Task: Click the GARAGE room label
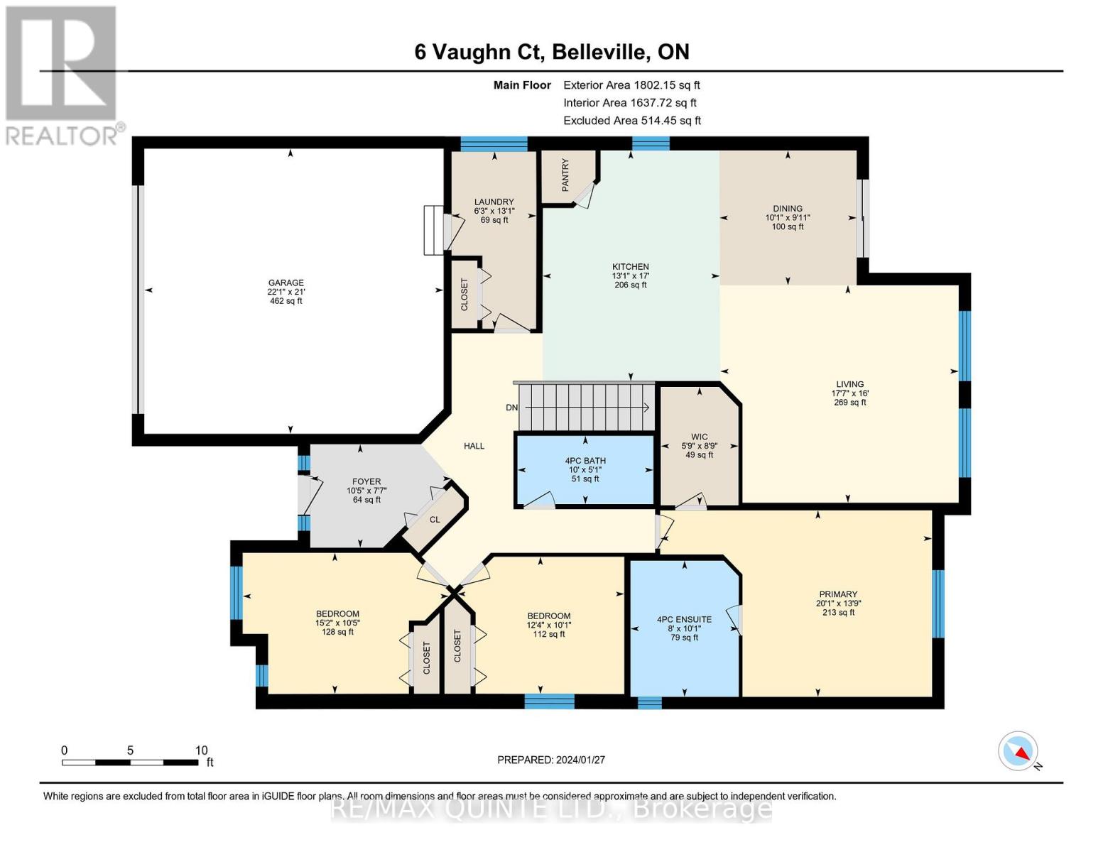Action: pyautogui.click(x=286, y=283)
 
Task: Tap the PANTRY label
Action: pyautogui.click(x=565, y=175)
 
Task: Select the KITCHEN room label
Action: pyautogui.click(x=631, y=266)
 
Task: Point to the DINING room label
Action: pyautogui.click(x=788, y=208)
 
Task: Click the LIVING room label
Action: pyautogui.click(x=849, y=384)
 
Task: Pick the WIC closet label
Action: pyautogui.click(x=700, y=437)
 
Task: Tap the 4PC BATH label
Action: pyautogui.click(x=585, y=461)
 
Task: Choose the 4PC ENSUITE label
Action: pyautogui.click(x=684, y=620)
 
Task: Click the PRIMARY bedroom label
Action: pyautogui.click(x=838, y=594)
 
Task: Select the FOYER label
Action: pyautogui.click(x=366, y=481)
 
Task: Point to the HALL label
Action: pyautogui.click(x=474, y=446)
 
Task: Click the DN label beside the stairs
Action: pyautogui.click(x=511, y=408)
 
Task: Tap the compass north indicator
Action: pyautogui.click(x=1018, y=751)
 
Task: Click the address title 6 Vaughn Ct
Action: pyautogui.click(x=479, y=53)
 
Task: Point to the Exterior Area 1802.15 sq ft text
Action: pyautogui.click(x=631, y=85)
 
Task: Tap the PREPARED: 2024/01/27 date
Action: pyautogui.click(x=551, y=760)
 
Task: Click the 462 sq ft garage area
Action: pyautogui.click(x=286, y=301)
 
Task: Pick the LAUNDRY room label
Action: pyautogui.click(x=494, y=202)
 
